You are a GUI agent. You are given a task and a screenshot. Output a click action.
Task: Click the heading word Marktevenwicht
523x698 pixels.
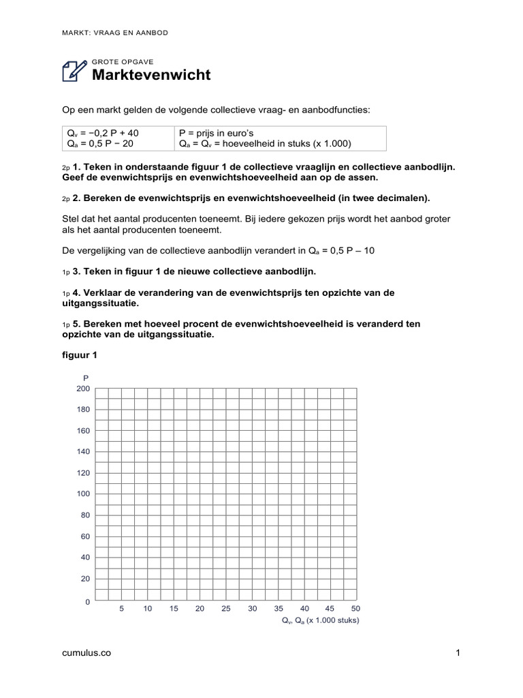pos(151,75)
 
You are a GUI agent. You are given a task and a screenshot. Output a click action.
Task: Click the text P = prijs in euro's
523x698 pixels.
pos(216,133)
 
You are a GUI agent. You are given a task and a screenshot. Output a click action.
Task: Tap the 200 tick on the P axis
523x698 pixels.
pos(83,389)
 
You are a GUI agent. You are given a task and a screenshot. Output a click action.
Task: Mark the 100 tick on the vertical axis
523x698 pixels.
pos(83,494)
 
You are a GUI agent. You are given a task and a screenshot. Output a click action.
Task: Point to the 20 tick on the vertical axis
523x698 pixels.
pos(85,578)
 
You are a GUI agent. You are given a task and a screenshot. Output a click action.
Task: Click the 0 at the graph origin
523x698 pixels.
pos(87,603)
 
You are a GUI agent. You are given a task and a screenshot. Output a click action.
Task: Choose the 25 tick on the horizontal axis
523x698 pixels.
pos(225,609)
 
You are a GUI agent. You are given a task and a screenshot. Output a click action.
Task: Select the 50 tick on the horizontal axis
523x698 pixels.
pos(355,609)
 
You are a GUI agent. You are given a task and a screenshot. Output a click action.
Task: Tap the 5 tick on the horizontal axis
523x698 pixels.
pos(121,609)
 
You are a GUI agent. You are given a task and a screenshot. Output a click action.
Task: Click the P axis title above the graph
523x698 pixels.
pos(85,378)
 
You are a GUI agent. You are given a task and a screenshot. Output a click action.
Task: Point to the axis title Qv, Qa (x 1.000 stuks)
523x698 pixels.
pos(320,621)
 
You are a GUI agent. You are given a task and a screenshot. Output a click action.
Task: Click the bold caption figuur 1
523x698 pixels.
pos(80,355)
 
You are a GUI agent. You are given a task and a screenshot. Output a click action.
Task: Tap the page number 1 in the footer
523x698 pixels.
pos(459,653)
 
